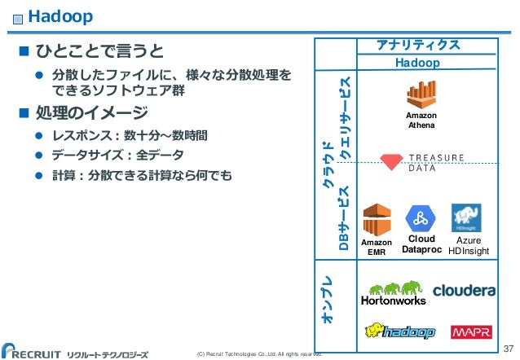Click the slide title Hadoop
pos(59,16)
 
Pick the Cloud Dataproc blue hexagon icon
pos(421,217)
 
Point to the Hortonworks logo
pos(394,294)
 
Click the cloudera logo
pos(464,291)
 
